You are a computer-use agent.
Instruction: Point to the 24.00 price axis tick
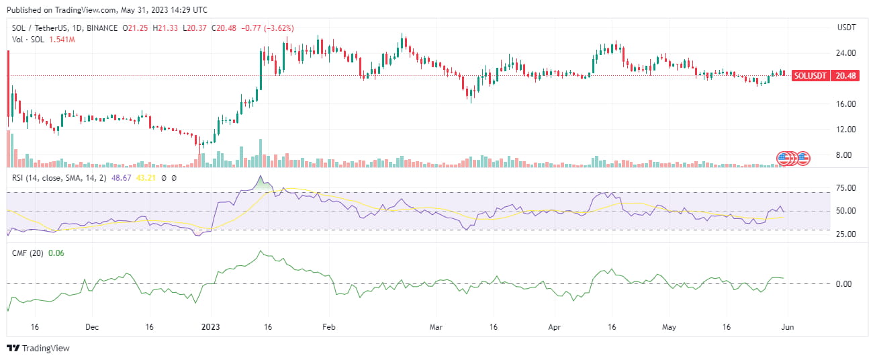tap(846, 53)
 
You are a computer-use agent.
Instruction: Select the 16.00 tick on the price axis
tap(846, 104)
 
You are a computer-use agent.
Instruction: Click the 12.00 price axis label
tap(846, 130)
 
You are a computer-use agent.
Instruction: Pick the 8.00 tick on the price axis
tap(848, 155)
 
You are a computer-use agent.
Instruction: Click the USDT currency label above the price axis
tap(846, 28)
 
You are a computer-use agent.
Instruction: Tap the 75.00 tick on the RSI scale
tap(846, 188)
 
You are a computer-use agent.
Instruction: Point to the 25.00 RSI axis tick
tap(846, 234)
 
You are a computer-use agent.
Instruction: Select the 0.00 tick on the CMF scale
tap(848, 284)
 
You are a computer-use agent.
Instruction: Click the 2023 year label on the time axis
tap(212, 327)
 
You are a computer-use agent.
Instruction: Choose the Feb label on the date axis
tap(328, 327)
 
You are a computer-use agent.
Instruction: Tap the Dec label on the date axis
tap(92, 327)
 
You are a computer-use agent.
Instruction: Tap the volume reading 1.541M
tap(61, 40)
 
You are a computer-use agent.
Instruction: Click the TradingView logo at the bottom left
tap(38, 349)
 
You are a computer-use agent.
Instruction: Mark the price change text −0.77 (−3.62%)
tap(265, 28)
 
